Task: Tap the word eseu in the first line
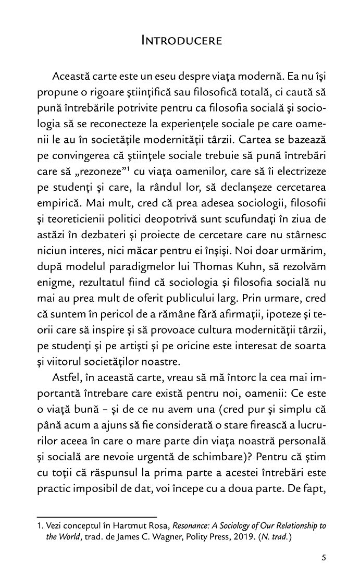pos(174,76)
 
